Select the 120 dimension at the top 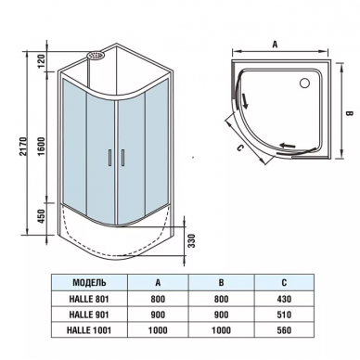click(x=42, y=60)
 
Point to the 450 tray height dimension click(x=42, y=216)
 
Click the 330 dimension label click(x=192, y=241)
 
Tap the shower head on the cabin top click(x=96, y=56)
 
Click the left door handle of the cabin click(x=109, y=158)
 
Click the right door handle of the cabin click(x=122, y=158)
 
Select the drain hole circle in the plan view click(x=304, y=83)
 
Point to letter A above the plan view click(x=275, y=45)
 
